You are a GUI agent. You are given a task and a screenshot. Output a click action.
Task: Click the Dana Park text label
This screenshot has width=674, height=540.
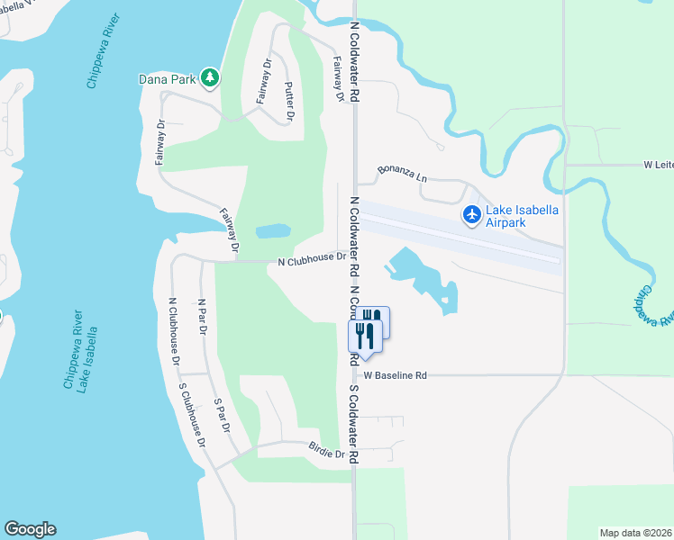168,79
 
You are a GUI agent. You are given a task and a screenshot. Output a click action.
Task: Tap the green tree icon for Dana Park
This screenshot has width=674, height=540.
210,78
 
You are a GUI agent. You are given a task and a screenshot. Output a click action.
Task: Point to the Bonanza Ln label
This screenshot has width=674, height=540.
402,171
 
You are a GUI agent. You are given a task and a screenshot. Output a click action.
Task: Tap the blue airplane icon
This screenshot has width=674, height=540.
470,214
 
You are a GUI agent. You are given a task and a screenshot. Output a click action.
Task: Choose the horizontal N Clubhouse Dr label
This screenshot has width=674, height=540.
312,261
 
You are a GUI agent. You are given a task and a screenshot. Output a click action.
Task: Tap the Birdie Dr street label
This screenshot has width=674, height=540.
327,454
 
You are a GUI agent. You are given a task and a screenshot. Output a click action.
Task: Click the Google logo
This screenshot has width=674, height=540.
30,529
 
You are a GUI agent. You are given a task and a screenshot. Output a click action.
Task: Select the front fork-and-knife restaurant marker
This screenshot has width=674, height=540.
365,336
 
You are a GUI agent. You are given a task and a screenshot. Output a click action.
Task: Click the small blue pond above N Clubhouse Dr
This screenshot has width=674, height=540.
273,231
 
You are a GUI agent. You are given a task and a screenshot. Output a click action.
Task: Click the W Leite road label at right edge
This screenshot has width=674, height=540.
658,165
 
